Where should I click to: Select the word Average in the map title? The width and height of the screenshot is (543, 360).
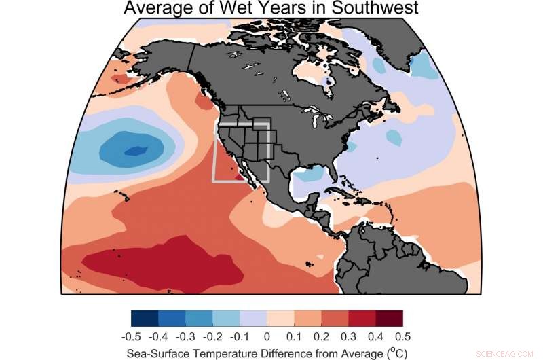pyautogui.click(x=157, y=8)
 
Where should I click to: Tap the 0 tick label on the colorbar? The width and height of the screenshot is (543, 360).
pyautogui.click(x=266, y=336)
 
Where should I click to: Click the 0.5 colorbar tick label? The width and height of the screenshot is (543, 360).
pyautogui.click(x=402, y=336)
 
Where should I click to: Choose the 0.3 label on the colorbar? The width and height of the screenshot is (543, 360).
pyautogui.click(x=348, y=336)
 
